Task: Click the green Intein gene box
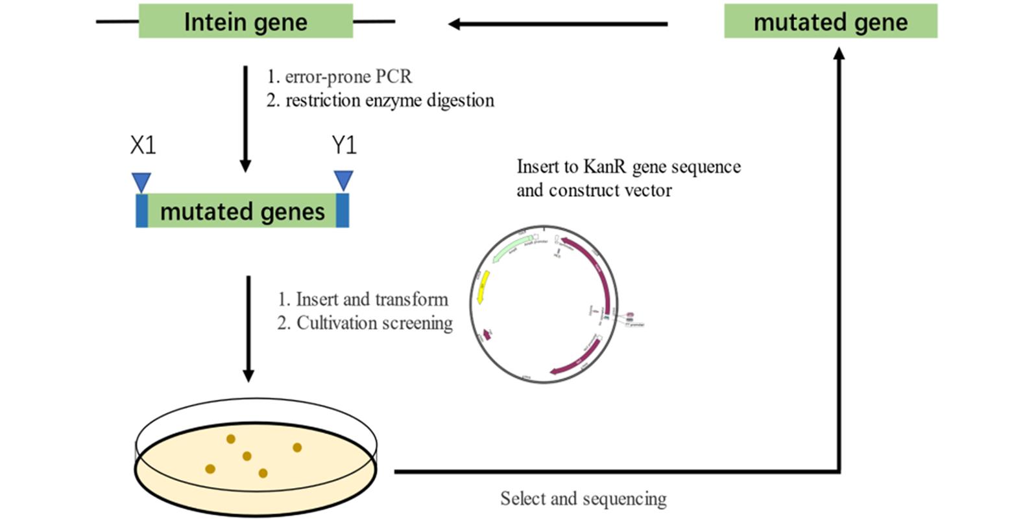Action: [245, 21]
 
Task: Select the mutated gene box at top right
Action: [830, 21]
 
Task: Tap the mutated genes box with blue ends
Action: [242, 211]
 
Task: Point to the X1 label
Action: [143, 145]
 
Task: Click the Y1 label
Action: [344, 145]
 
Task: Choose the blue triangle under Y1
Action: [343, 179]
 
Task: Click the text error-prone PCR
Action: [348, 76]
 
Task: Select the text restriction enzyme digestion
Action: [389, 100]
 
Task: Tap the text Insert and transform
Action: [372, 299]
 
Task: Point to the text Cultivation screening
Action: [374, 323]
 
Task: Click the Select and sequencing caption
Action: [583, 498]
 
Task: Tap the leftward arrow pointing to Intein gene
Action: [558, 24]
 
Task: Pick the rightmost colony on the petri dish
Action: [297, 447]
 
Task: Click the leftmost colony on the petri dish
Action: [210, 469]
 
